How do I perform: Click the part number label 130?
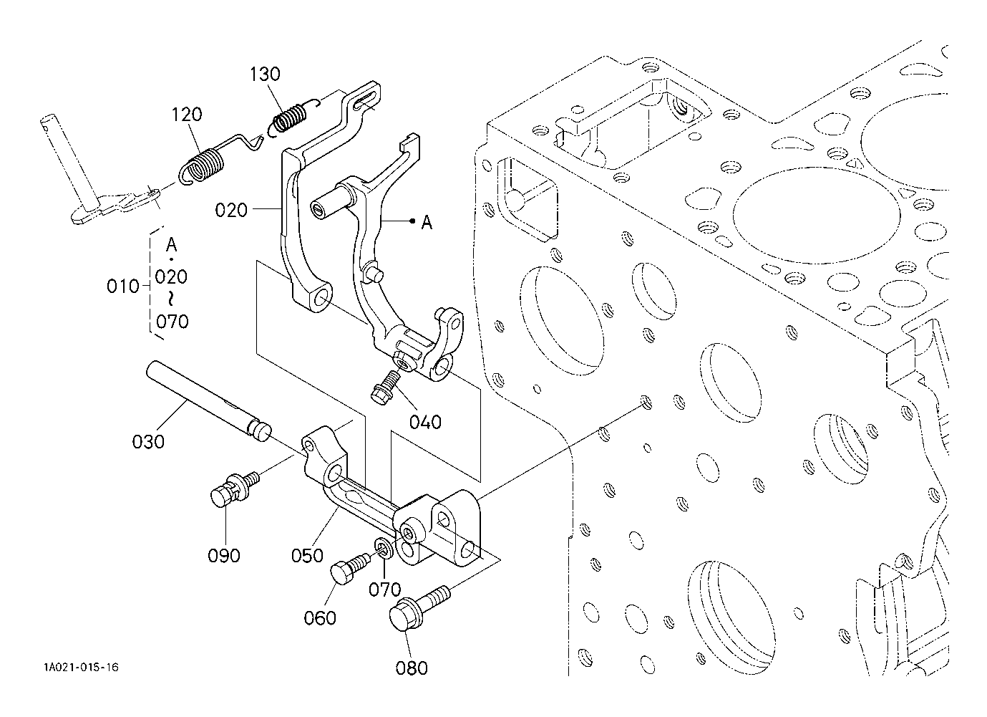(265, 74)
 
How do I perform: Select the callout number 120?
(186, 115)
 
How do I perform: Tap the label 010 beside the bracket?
(123, 287)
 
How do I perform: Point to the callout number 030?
(148, 441)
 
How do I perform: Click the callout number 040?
(425, 423)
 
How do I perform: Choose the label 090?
(224, 556)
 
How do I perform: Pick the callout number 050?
(307, 556)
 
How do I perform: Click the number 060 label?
(320, 618)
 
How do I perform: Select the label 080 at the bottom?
(412, 668)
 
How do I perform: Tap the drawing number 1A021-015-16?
(81, 667)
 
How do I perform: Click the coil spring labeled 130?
(292, 117)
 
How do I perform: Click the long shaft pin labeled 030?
(208, 401)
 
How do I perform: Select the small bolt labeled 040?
(386, 388)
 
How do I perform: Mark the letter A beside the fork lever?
(427, 223)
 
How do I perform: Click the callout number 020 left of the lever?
(231, 211)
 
